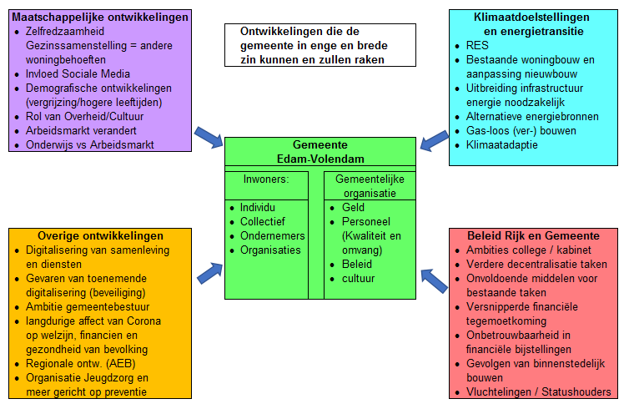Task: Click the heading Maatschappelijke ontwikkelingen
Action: click(100, 18)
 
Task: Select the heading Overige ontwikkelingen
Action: click(100, 236)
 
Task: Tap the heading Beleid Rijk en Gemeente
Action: click(533, 236)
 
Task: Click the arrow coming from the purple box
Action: click(209, 137)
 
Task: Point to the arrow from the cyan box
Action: click(435, 140)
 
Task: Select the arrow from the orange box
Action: click(209, 273)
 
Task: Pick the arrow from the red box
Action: click(434, 280)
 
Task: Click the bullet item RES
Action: click(477, 45)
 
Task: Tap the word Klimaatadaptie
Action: click(502, 145)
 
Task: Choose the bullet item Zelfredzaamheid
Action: click(65, 32)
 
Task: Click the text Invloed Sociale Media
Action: click(78, 73)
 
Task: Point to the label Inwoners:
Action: click(266, 179)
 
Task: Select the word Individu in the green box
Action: click(258, 208)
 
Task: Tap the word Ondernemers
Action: click(273, 236)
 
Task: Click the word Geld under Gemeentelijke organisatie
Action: click(353, 208)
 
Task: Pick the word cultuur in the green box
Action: click(358, 279)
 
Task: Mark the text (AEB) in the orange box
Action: click(121, 364)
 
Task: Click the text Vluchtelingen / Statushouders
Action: click(538, 392)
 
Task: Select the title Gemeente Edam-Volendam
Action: click(320, 152)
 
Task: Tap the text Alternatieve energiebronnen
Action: click(532, 117)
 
